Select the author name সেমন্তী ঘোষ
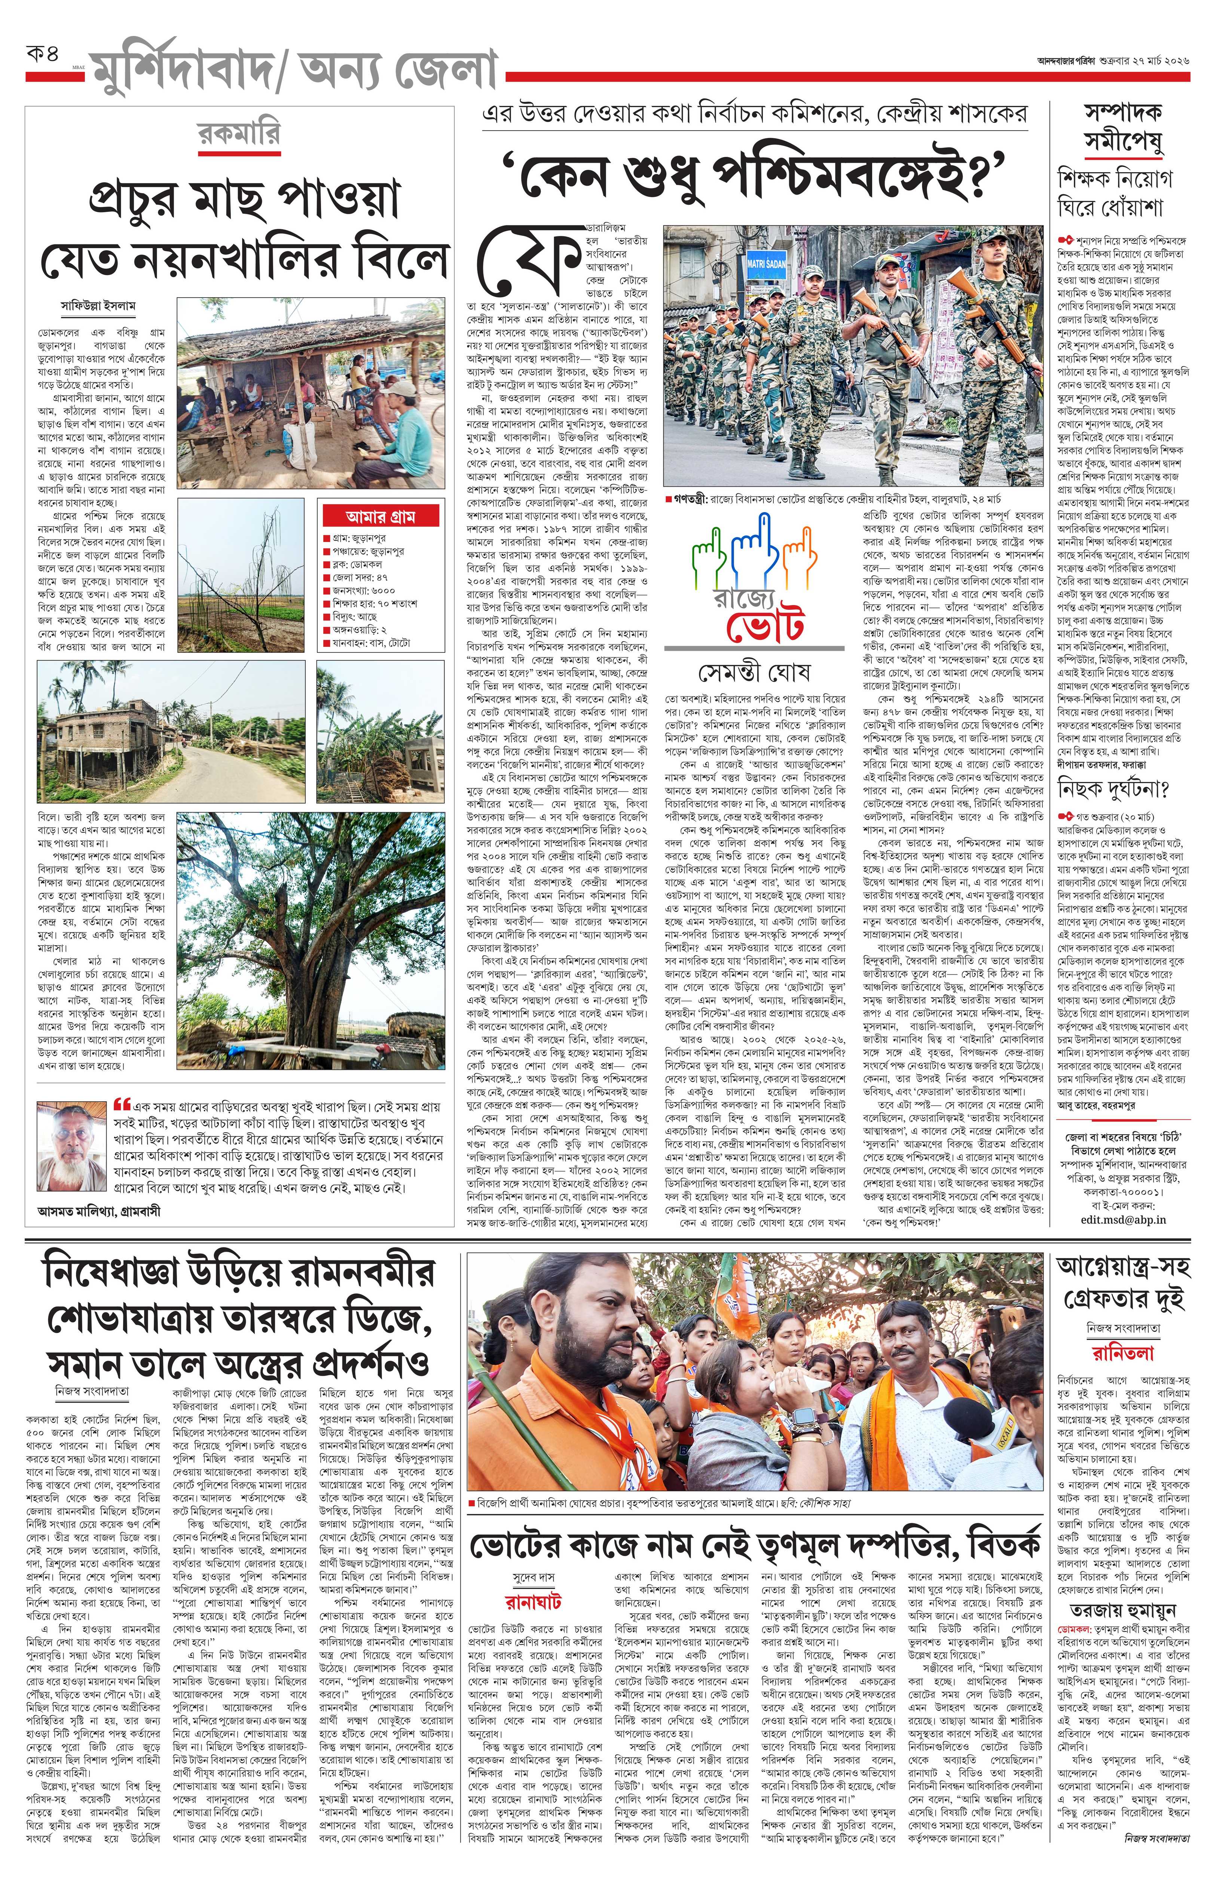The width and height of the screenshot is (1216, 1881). click(x=754, y=673)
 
